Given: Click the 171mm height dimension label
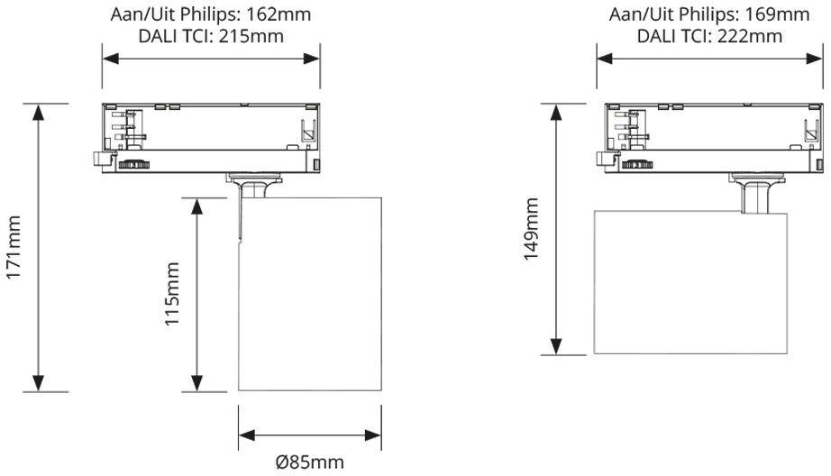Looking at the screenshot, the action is [x=14, y=247].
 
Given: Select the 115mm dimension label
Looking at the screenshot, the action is [x=172, y=294].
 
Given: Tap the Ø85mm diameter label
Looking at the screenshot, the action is [x=310, y=462].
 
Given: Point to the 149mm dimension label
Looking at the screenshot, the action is [x=531, y=229].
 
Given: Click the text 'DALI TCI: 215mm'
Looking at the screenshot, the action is [x=211, y=36].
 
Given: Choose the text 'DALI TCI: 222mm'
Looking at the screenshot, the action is [x=709, y=36].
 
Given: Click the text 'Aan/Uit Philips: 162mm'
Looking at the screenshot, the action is [x=211, y=14].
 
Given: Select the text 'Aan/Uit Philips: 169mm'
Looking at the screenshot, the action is [x=709, y=14].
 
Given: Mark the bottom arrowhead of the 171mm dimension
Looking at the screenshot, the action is [x=38, y=384].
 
